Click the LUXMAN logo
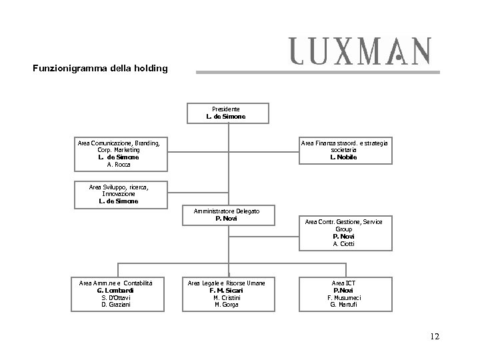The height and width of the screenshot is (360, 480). pos(359,51)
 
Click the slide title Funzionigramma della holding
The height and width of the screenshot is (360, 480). pos(100,68)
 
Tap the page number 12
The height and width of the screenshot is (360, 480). pos(435,337)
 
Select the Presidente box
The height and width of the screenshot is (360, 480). pos(227,113)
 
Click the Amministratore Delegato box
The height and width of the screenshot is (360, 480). pos(227,214)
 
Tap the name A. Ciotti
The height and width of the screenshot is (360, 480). pos(343,243)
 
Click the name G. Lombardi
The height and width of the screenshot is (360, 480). pos(115,291)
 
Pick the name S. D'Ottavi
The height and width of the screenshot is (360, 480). pos(115,297)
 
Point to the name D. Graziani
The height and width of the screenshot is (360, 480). pos(115,305)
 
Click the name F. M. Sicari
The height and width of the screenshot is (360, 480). pos(227,291)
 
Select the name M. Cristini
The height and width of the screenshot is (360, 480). pos(227,297)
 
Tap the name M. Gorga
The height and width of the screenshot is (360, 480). pos(227,305)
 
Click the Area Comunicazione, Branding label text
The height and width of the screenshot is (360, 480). pos(119,143)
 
